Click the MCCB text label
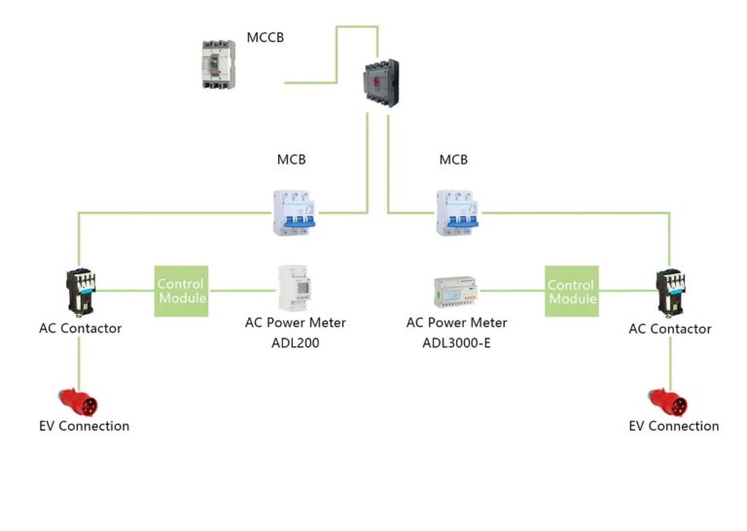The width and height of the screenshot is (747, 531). pyautogui.click(x=265, y=37)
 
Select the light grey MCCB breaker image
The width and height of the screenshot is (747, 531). pyautogui.click(x=219, y=65)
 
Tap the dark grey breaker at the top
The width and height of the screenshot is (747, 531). pyautogui.click(x=381, y=83)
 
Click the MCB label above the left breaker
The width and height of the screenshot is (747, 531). pyautogui.click(x=291, y=159)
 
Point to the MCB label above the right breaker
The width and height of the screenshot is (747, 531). pyautogui.click(x=453, y=159)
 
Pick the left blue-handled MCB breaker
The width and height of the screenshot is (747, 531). pyautogui.click(x=294, y=213)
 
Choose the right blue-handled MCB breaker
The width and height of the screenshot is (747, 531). pyautogui.click(x=457, y=213)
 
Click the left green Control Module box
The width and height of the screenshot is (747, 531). pyautogui.click(x=181, y=291)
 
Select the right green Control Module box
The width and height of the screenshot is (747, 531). pyautogui.click(x=572, y=291)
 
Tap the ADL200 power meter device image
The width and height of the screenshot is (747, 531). pyautogui.click(x=295, y=288)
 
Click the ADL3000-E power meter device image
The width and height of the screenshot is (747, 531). pyautogui.click(x=455, y=291)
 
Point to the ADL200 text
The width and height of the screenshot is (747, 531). pyautogui.click(x=296, y=343)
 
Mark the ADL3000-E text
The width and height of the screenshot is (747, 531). pyautogui.click(x=456, y=343)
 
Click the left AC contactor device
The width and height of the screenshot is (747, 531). pyautogui.click(x=81, y=293)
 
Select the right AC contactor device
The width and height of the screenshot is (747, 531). pyautogui.click(x=670, y=293)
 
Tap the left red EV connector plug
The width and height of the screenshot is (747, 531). pyautogui.click(x=78, y=403)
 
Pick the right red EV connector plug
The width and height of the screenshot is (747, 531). pyautogui.click(x=668, y=403)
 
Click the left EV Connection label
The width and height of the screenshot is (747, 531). pyautogui.click(x=85, y=426)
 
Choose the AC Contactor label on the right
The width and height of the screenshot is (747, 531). pyautogui.click(x=670, y=329)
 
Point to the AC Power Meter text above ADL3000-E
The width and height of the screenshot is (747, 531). pyautogui.click(x=456, y=323)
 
